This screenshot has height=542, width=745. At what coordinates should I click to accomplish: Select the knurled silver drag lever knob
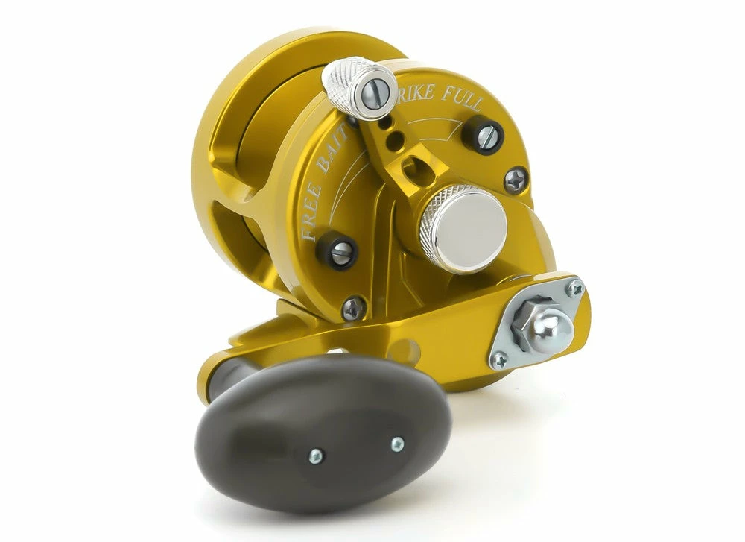click(358, 89)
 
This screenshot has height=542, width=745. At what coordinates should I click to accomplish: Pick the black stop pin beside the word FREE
click(340, 253)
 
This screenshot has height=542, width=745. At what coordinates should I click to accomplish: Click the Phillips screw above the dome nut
click(574, 288)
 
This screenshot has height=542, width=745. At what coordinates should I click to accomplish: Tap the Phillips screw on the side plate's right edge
click(515, 180)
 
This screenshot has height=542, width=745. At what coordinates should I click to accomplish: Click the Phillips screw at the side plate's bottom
click(354, 307)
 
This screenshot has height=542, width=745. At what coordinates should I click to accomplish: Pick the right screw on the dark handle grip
click(397, 444)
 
